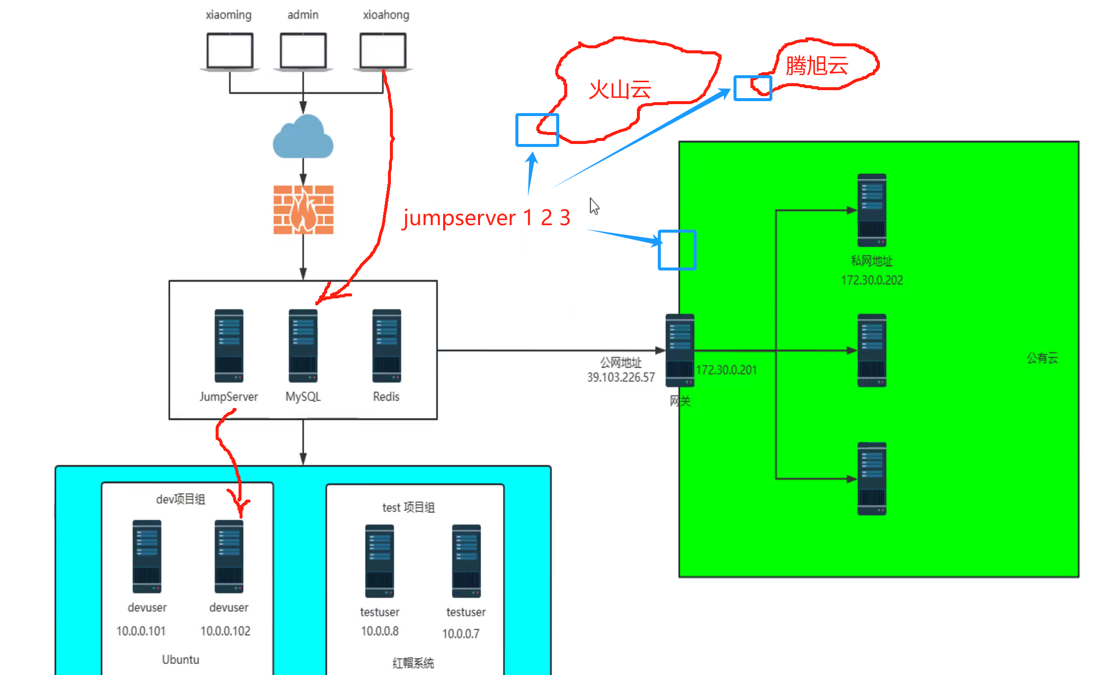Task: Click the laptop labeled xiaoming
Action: (230, 51)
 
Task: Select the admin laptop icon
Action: (303, 51)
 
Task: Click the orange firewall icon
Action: (303, 210)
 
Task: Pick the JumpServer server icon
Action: (229, 346)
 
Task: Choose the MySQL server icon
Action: (303, 346)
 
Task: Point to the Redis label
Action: (386, 397)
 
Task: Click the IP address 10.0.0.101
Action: (141, 631)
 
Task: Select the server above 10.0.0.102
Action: (229, 556)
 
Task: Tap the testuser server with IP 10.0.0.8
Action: (379, 561)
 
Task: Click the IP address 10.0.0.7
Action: (461, 634)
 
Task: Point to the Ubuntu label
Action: (180, 660)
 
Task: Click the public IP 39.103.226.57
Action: (620, 377)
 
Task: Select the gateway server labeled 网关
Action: (680, 350)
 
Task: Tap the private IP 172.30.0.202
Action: (872, 280)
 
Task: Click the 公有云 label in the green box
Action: (1042, 358)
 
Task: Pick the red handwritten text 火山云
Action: (620, 90)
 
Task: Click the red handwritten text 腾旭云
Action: (817, 66)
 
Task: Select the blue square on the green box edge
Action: (677, 250)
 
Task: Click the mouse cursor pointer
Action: (594, 205)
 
